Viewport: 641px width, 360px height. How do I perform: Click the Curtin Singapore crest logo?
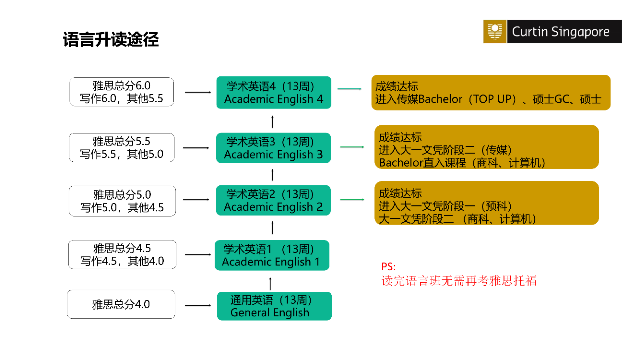tap(495, 32)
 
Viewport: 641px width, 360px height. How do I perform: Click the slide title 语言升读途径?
tap(111, 40)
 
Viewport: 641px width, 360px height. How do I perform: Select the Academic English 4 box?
tap(273, 93)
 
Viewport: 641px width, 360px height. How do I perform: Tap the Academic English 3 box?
tap(273, 148)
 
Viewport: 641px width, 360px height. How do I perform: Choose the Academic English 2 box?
tap(273, 200)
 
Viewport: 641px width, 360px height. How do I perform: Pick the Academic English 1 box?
tap(271, 255)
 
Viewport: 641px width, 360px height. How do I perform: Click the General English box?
tap(274, 306)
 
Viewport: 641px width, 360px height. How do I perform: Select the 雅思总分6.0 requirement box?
tap(122, 92)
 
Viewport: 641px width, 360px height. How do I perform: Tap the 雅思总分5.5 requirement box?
tap(122, 147)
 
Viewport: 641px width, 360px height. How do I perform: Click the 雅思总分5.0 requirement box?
tap(122, 201)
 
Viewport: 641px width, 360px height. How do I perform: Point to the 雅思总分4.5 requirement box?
tap(122, 254)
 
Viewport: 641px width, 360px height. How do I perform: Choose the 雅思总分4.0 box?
tap(121, 304)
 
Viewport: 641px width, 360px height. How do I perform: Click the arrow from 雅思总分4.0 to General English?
tap(198, 305)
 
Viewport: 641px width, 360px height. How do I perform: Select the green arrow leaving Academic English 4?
tap(349, 89)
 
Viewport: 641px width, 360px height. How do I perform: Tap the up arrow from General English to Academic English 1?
tap(271, 283)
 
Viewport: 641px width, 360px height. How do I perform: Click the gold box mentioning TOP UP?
tap(490, 93)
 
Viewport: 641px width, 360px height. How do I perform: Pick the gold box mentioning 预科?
tap(486, 203)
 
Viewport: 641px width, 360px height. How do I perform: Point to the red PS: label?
tap(388, 267)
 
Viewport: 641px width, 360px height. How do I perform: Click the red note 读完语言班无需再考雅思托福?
tap(459, 281)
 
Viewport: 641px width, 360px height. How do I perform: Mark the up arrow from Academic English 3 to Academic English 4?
tap(272, 121)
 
